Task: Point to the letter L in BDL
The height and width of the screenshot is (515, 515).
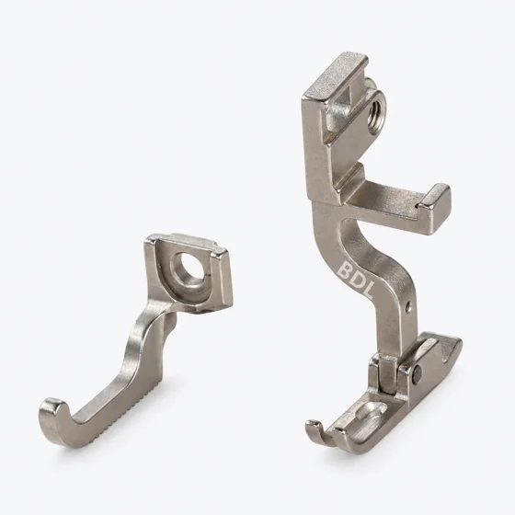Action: click(367, 291)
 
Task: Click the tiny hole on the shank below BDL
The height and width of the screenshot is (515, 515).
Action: click(408, 308)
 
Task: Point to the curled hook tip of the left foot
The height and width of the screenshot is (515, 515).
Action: click(52, 411)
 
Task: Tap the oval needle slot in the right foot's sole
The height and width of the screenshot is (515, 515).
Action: click(372, 410)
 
